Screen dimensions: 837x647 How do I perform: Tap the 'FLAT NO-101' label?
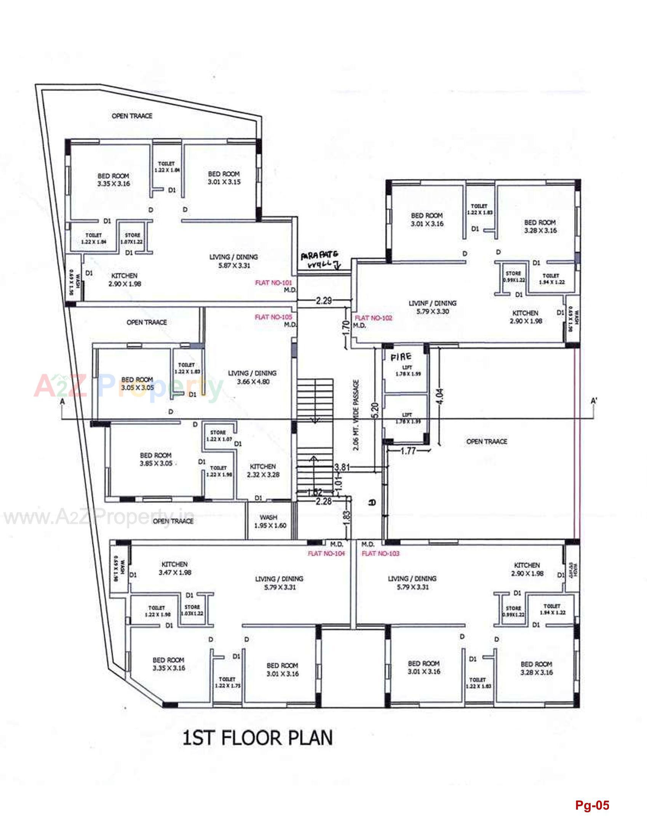coord(273,283)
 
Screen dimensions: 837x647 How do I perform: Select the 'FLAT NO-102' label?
coord(374,318)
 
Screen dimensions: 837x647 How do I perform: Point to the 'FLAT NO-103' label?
coord(380,554)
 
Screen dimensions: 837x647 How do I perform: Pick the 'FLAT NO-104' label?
coord(326,554)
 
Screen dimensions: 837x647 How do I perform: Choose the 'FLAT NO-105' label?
coord(273,317)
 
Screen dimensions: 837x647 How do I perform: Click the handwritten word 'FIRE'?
coord(401,357)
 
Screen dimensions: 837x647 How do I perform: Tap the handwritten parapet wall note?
coord(320,260)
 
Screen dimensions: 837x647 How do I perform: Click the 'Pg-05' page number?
coord(592,805)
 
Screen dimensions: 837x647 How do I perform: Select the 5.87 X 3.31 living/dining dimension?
coord(234,266)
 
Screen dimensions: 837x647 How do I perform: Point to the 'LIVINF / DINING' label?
coord(433,303)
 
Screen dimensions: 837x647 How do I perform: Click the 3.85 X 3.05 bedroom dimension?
coord(156,463)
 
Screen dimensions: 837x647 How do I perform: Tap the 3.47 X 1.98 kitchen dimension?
coord(175,573)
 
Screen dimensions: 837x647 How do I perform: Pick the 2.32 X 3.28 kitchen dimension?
coord(263,474)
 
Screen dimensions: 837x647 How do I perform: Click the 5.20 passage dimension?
coord(375,410)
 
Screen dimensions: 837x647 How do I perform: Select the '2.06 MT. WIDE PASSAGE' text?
coord(356,415)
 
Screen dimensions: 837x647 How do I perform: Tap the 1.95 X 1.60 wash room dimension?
coord(270,525)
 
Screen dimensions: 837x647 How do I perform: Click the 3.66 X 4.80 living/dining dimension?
coord(253,382)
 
